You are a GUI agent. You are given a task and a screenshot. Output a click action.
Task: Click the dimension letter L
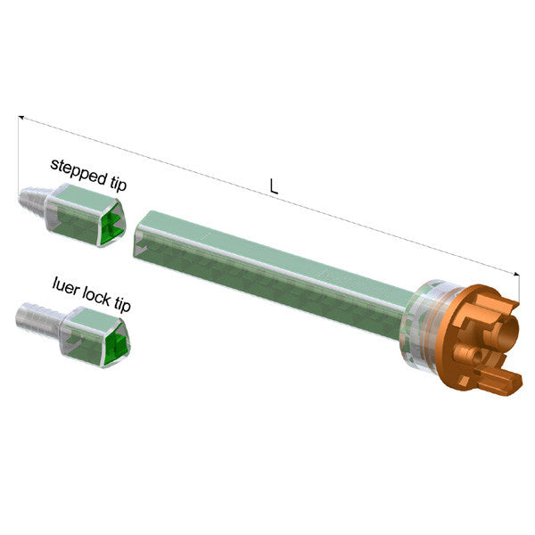pos(274,188)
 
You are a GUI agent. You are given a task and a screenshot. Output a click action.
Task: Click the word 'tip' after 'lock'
pos(122,306)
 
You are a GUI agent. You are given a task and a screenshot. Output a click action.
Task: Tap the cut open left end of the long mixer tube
pos(139,236)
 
